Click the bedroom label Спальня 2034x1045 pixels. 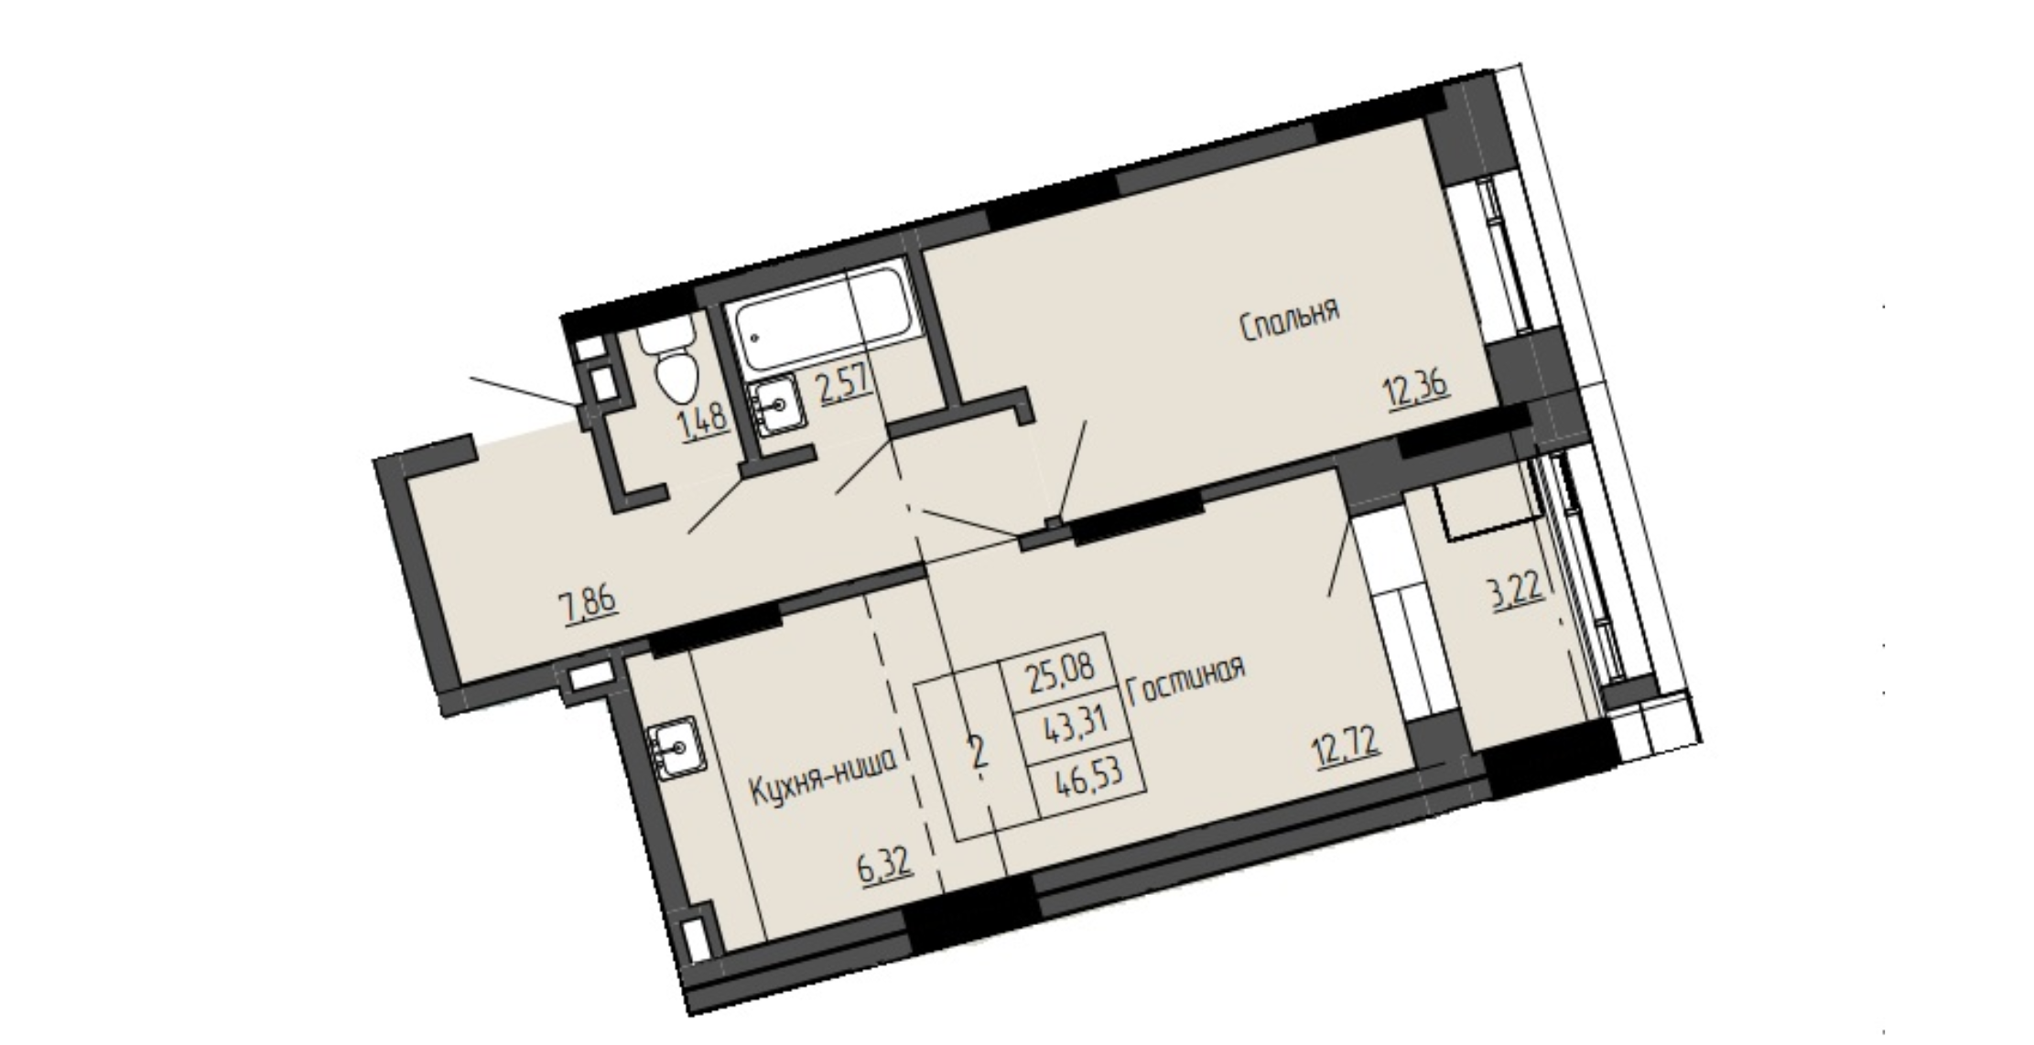pos(1290,319)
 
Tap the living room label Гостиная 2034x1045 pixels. pos(1186,681)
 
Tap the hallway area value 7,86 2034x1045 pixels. pos(590,604)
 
